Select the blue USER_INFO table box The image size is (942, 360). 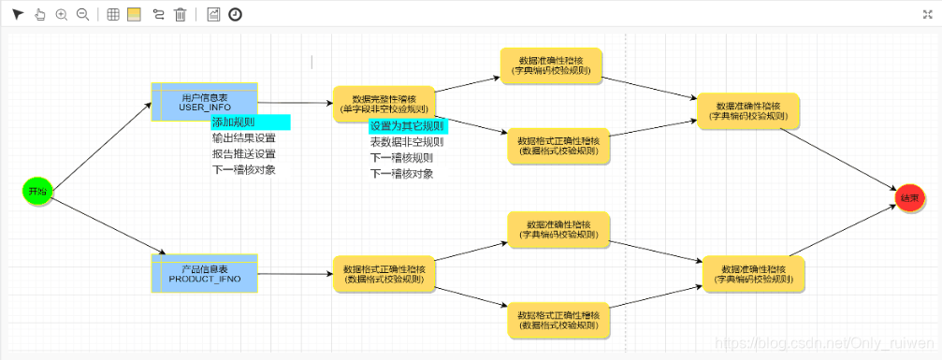click(204, 102)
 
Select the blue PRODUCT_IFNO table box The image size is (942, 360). click(204, 274)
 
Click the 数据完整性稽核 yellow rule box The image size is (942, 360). click(384, 104)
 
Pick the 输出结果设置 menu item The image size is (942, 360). click(243, 138)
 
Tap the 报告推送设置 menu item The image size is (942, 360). click(243, 154)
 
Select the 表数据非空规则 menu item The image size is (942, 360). click(407, 142)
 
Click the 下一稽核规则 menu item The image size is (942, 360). click(401, 158)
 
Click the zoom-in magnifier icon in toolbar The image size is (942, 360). click(62, 14)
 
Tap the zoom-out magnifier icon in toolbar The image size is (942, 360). click(82, 14)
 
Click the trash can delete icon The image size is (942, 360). click(180, 14)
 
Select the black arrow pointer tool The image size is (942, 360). click(18, 14)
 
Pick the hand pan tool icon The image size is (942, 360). click(39, 14)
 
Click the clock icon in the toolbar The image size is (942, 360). click(235, 14)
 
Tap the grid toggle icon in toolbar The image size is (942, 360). click(112, 14)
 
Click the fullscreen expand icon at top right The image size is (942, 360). click(928, 14)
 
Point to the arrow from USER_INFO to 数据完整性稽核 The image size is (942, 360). click(294, 103)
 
